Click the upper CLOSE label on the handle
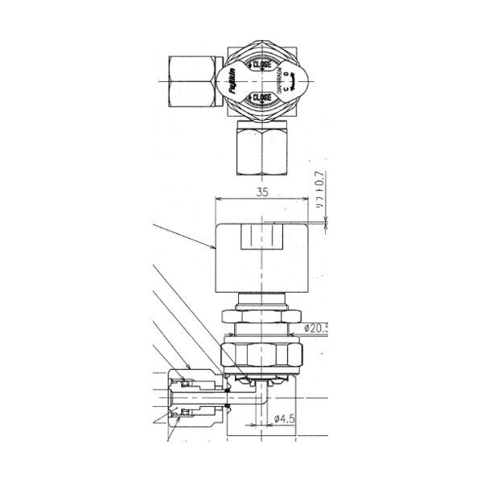point(262,64)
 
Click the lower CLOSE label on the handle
point(262,98)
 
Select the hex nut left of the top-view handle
point(194,80)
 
